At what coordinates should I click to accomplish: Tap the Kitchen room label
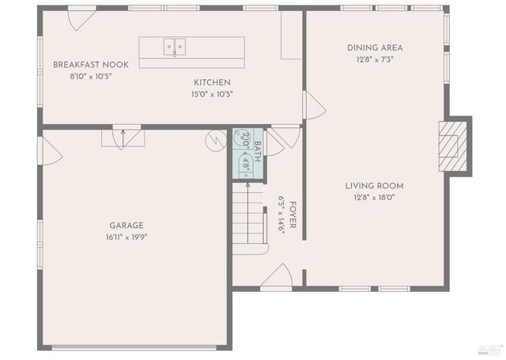pos(213,82)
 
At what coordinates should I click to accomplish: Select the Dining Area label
pos(369,47)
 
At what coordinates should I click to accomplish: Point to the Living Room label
pos(369,186)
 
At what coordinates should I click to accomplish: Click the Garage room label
pos(126,225)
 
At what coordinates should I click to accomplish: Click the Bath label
pos(256,148)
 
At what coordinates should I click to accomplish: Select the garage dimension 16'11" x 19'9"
pos(126,237)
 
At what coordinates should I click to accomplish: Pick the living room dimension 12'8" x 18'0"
pos(369,198)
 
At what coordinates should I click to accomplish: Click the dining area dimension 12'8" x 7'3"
pos(369,59)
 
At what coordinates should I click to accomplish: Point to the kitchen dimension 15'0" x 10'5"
pos(213,93)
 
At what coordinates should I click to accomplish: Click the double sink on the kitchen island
pos(175,47)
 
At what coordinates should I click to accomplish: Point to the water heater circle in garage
pos(216,141)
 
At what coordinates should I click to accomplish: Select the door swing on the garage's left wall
pos(51,150)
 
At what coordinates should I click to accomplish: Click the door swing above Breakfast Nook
pos(81,17)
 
